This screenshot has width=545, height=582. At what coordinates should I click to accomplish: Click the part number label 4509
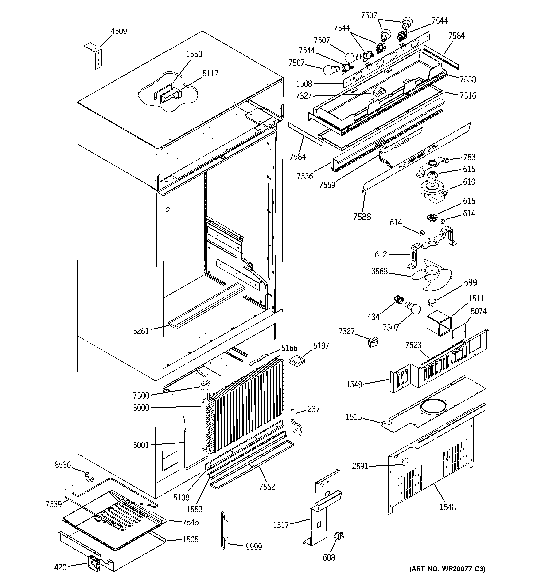[x=119, y=31]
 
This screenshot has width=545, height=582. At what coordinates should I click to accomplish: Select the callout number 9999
[x=254, y=546]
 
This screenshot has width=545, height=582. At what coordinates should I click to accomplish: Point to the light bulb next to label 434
[x=413, y=308]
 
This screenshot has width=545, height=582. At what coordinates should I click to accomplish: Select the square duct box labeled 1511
[x=439, y=324]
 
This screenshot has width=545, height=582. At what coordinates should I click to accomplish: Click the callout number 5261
[x=141, y=331]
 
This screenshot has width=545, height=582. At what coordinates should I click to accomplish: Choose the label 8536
[x=62, y=465]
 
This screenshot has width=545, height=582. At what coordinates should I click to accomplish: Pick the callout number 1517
[x=281, y=525]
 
